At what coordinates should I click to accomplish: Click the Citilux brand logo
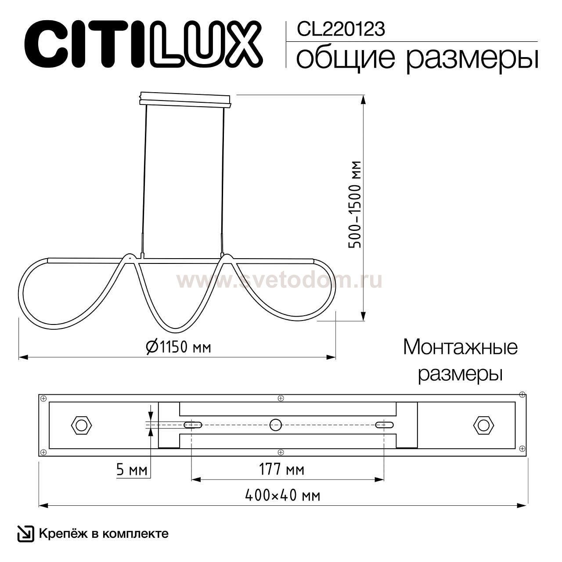(x=143, y=44)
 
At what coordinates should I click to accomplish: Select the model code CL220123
(x=341, y=29)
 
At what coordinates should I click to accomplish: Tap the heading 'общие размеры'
(x=417, y=58)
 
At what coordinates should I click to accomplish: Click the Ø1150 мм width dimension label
(x=178, y=347)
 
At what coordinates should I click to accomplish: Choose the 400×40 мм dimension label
(x=282, y=496)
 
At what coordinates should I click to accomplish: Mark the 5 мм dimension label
(x=132, y=470)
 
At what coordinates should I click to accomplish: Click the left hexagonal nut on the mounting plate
(x=81, y=425)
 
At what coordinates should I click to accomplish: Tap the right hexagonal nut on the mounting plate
(x=483, y=425)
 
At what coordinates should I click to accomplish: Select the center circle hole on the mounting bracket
(x=276, y=424)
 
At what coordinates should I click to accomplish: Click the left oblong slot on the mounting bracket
(x=193, y=425)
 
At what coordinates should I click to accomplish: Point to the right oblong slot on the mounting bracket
(x=384, y=425)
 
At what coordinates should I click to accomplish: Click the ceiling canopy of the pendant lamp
(x=185, y=99)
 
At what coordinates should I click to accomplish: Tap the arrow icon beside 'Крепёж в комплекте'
(x=25, y=533)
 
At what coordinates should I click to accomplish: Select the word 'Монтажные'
(x=460, y=347)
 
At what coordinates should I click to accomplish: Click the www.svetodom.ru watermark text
(x=279, y=280)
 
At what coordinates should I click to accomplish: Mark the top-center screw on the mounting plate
(x=281, y=399)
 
